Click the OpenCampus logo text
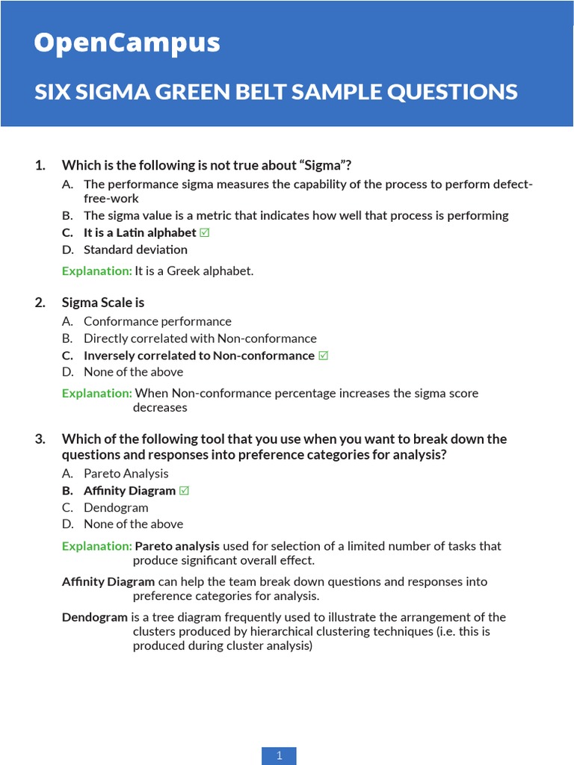point(127,43)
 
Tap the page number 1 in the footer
point(279,755)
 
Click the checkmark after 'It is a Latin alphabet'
point(205,232)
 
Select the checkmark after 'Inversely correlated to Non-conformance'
point(324,356)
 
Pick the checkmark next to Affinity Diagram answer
point(185,491)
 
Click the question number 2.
point(40,303)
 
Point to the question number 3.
point(40,439)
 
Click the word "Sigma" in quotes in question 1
point(322,165)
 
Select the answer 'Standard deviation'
point(135,250)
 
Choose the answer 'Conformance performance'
point(157,321)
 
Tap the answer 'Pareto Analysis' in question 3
point(126,473)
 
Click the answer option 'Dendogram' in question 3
point(116,507)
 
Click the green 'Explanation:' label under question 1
point(96,270)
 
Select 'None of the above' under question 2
point(133,372)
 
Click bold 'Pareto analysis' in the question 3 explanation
point(177,546)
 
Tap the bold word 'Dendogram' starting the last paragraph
point(95,617)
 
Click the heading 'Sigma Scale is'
point(103,303)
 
